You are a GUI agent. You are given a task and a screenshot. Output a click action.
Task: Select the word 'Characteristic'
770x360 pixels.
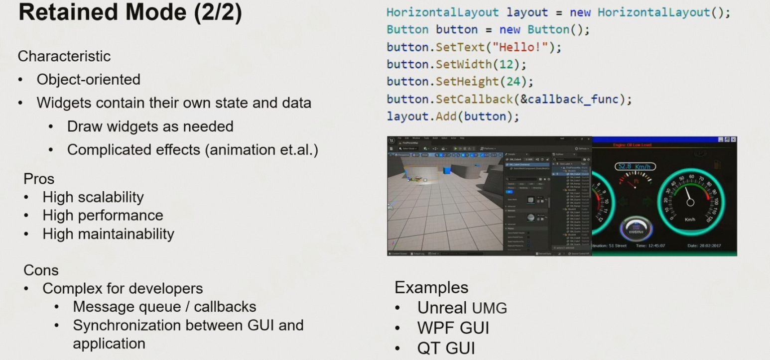click(x=64, y=56)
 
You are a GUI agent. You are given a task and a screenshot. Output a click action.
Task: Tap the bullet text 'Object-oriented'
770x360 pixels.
click(x=88, y=79)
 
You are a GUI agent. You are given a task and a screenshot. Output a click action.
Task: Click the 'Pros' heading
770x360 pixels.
click(x=39, y=179)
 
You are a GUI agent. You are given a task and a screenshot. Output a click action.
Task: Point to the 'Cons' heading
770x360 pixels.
click(x=41, y=270)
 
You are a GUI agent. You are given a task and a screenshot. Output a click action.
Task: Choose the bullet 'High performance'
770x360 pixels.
click(x=103, y=215)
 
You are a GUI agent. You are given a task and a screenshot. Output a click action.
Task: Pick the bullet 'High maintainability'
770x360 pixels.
click(x=108, y=234)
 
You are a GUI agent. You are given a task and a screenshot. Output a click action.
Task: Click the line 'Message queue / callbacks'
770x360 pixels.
click(x=164, y=306)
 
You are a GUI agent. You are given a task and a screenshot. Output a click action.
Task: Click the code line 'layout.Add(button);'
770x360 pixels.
click(x=453, y=117)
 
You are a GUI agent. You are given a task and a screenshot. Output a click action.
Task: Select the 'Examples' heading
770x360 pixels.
click(x=431, y=287)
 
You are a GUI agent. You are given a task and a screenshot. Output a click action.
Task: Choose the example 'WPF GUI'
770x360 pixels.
click(x=453, y=328)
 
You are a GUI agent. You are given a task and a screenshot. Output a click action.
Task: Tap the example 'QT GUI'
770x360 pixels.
click(x=446, y=348)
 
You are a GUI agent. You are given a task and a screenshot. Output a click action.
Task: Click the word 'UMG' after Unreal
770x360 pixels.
click(x=489, y=308)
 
